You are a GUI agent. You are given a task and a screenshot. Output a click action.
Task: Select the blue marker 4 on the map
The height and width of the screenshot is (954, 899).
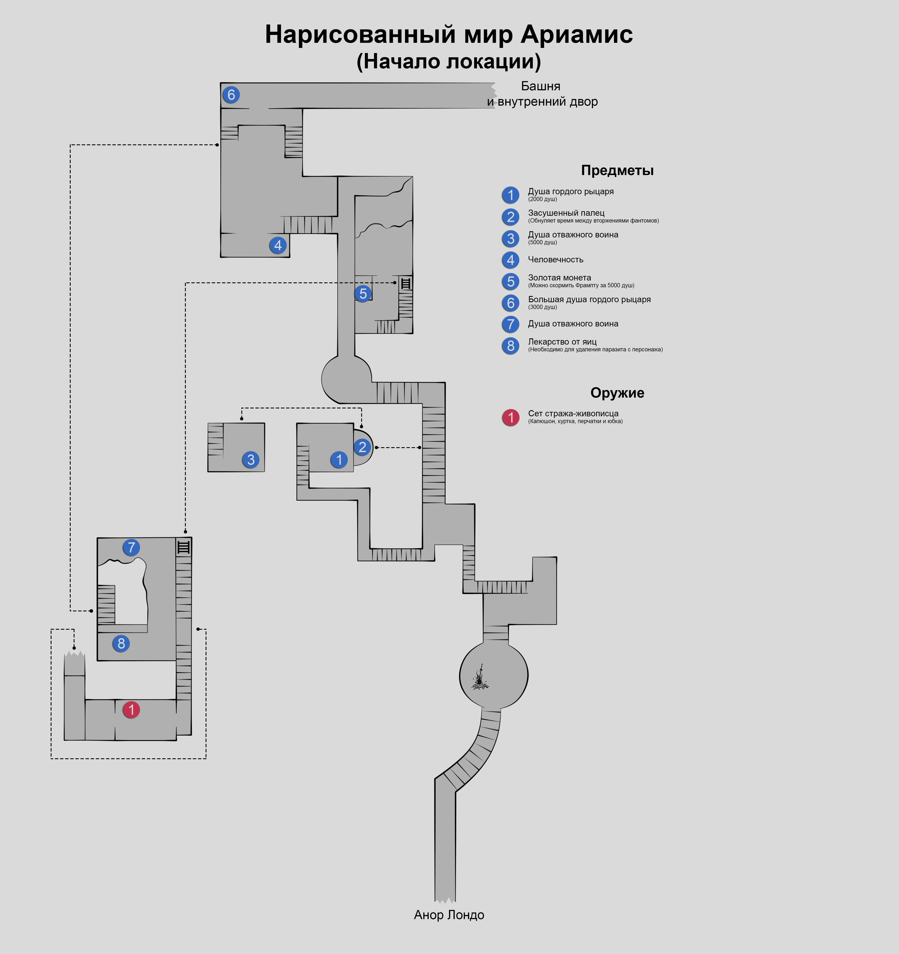click(278, 245)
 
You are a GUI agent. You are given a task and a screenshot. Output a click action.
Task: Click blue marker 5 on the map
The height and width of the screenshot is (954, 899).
click(363, 293)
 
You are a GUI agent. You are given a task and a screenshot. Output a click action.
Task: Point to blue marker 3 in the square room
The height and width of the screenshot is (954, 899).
click(251, 459)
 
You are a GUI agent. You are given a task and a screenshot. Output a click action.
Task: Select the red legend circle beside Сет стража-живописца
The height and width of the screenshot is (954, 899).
click(510, 417)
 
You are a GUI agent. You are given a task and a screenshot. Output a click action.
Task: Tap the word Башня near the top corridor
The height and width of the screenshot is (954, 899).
click(541, 86)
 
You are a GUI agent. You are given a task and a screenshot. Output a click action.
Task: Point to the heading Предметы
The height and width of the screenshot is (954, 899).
click(617, 170)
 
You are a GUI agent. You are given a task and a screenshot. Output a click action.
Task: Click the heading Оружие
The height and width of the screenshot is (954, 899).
click(617, 392)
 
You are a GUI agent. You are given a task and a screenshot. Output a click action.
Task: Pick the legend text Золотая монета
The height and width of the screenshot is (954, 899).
click(559, 277)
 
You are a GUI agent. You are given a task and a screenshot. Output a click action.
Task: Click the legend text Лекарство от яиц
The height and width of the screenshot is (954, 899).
click(562, 342)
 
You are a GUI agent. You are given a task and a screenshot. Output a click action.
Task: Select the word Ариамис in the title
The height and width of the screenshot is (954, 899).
click(577, 34)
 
